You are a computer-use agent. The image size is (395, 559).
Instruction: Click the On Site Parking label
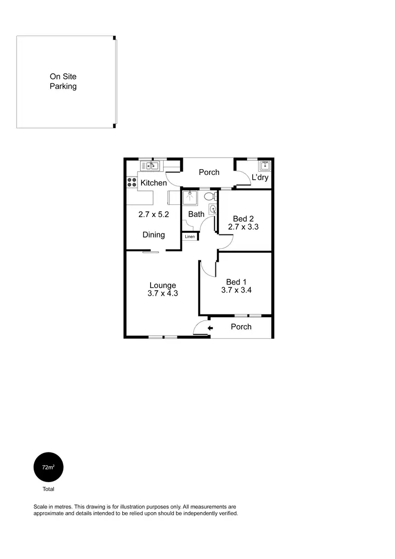(63, 82)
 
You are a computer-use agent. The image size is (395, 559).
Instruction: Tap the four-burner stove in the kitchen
(130, 183)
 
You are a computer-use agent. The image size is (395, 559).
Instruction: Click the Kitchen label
(154, 183)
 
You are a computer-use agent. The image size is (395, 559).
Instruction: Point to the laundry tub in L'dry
(265, 166)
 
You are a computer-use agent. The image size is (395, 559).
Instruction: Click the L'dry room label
(260, 178)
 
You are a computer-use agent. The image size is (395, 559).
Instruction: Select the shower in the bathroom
(190, 198)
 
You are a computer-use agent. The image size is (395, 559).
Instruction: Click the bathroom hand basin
(212, 209)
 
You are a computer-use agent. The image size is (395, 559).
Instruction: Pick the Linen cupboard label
(190, 237)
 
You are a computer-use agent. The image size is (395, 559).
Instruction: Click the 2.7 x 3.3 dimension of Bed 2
(243, 227)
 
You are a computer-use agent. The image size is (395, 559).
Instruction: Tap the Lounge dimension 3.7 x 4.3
(162, 293)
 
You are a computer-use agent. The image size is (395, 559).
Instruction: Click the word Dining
(154, 235)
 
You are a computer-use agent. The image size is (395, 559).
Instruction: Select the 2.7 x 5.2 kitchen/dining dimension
(154, 214)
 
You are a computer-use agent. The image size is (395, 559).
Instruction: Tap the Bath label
(196, 214)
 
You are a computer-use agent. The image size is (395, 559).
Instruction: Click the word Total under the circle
(48, 489)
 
